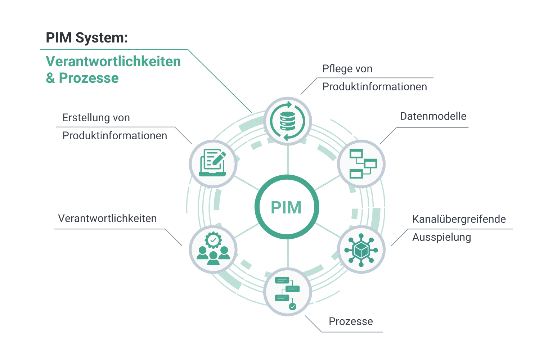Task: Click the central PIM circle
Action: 287,207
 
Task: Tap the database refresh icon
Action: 288,121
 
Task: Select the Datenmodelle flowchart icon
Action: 361,164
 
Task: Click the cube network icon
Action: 361,249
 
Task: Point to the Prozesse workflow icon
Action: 288,292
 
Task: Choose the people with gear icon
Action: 213,249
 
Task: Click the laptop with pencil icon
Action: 213,163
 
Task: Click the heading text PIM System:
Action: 87,37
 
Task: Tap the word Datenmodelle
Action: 433,116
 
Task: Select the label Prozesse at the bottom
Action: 351,321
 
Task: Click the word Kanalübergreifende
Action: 459,219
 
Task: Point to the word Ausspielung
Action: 441,237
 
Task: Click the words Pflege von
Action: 347,69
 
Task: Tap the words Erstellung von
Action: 96,118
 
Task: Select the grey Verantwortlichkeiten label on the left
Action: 107,219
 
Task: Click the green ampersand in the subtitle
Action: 50,78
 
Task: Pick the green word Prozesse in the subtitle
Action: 89,78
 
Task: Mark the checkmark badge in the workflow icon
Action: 293,306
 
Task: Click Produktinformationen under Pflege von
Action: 374,87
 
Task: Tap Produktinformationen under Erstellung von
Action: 114,136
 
